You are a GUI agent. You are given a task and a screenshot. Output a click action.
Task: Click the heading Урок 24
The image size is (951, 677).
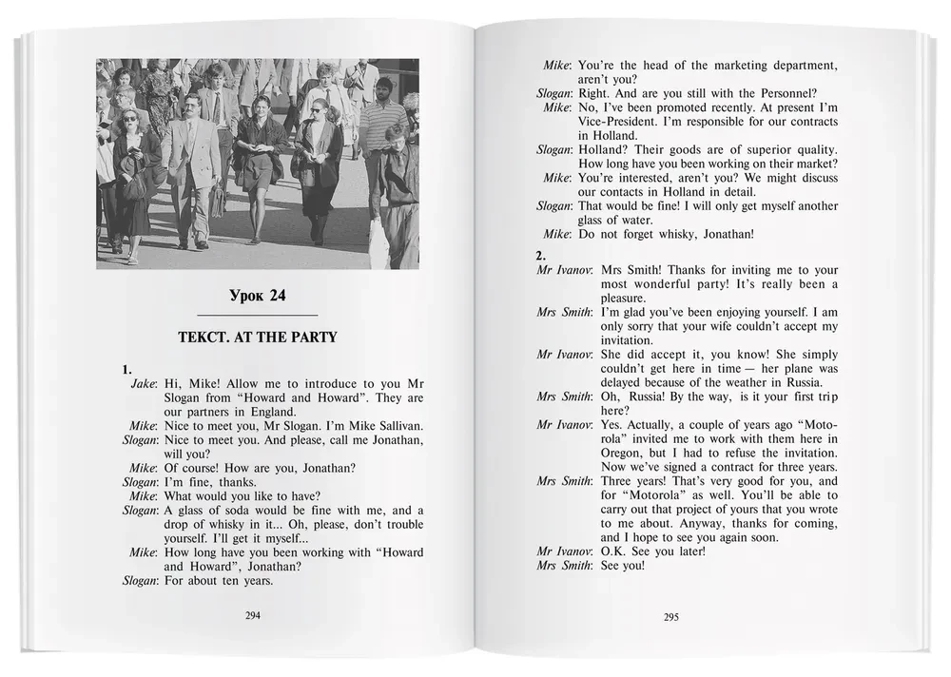coord(257,296)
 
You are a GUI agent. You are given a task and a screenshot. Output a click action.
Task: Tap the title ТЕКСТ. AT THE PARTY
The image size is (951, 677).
coord(257,337)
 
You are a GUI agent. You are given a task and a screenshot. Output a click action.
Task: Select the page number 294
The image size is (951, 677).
coord(253,615)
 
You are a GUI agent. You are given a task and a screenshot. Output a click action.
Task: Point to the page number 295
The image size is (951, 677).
coord(670,617)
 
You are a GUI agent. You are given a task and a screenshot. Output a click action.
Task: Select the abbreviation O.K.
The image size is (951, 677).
coord(594,551)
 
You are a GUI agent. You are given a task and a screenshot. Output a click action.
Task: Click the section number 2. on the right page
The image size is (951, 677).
coord(540,255)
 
